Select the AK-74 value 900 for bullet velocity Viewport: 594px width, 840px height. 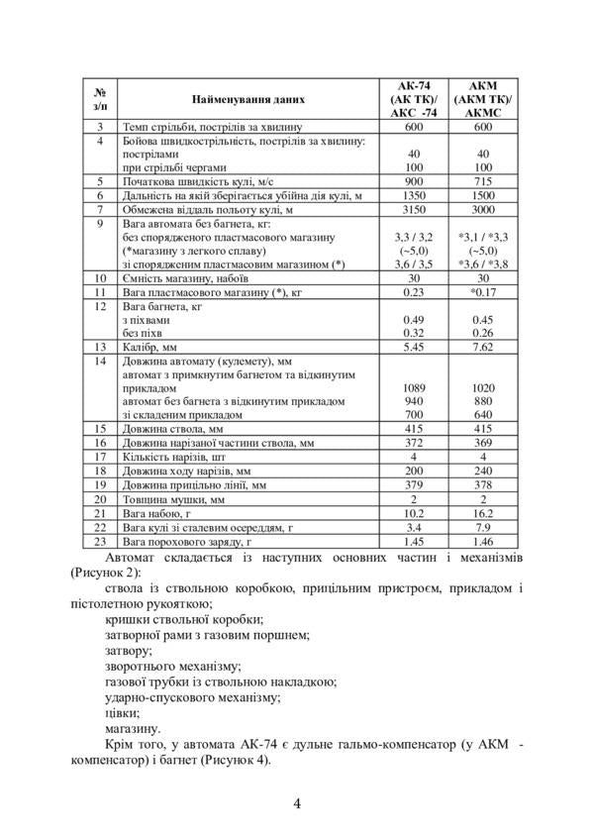point(414,182)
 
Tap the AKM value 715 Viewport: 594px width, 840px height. point(484,182)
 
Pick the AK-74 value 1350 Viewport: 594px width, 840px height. point(414,196)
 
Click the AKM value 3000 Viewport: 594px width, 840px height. point(484,210)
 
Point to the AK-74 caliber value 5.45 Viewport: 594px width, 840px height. point(414,348)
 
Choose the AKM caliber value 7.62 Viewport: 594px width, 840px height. point(484,348)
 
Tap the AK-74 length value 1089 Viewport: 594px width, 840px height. point(414,388)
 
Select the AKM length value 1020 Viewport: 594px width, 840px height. point(484,388)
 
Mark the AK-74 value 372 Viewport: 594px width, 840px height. point(414,443)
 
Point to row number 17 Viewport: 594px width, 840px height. point(99,457)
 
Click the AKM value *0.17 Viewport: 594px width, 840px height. point(484,292)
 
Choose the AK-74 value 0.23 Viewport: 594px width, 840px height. point(414,292)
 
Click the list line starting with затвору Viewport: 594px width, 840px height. point(129,650)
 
